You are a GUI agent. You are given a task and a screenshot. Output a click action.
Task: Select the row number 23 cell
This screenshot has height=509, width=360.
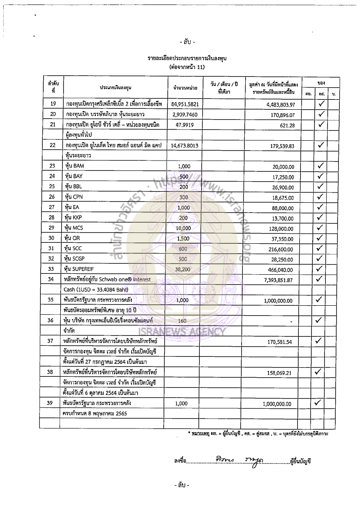53,166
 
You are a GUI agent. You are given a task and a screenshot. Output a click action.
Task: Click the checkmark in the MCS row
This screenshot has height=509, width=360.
321,228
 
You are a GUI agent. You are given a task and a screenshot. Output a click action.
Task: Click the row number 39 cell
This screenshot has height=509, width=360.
53,404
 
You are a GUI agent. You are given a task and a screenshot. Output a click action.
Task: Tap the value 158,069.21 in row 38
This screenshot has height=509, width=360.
279,373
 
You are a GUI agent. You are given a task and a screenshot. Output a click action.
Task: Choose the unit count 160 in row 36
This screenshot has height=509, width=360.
182,321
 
